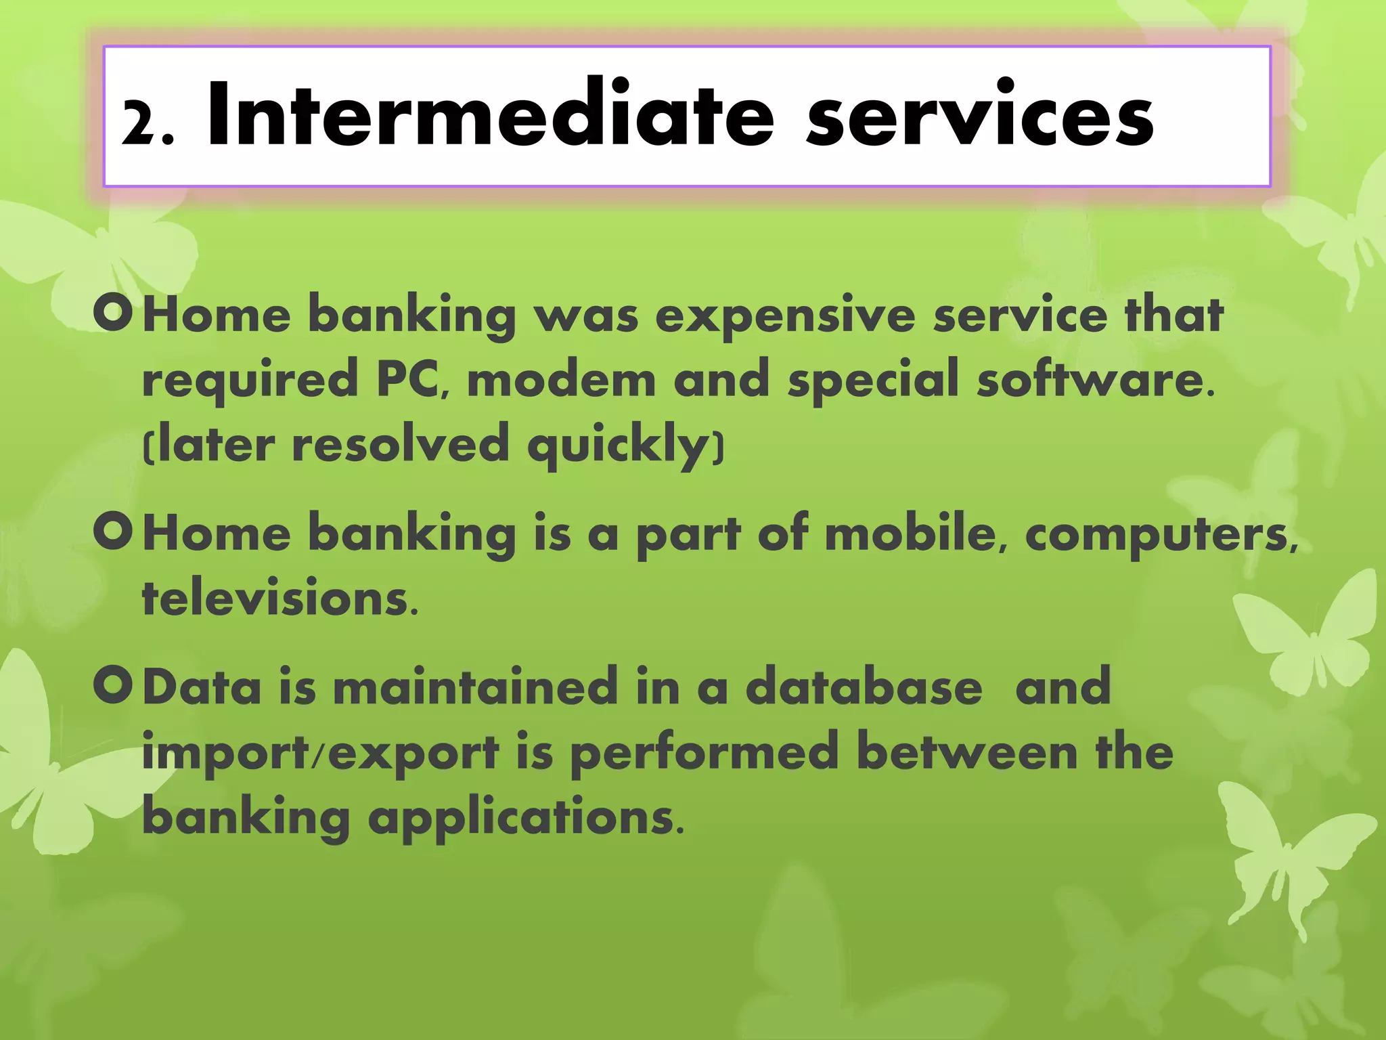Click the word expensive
[785, 316]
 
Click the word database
[864, 687]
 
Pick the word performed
[704, 753]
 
